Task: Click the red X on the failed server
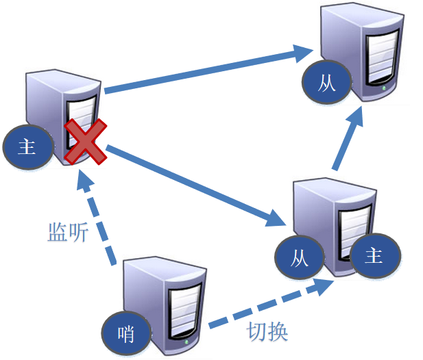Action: pos(86,142)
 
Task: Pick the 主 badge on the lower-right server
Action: pos(374,257)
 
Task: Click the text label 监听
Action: pos(68,233)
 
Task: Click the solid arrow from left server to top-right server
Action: pos(206,69)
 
